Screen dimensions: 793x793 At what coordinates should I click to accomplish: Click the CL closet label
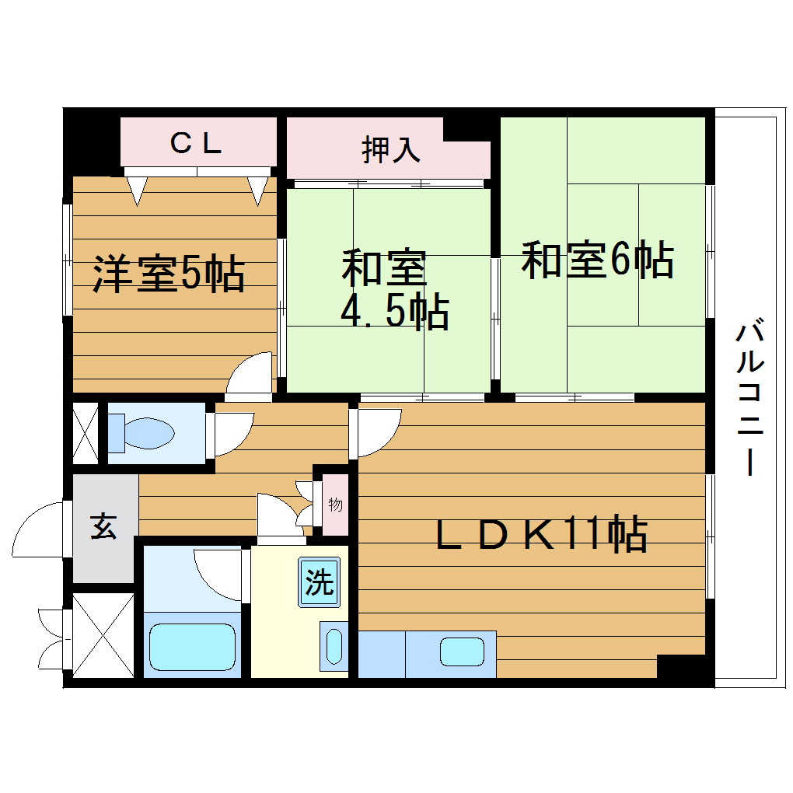(197, 143)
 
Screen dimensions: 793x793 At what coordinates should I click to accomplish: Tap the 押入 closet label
(391, 150)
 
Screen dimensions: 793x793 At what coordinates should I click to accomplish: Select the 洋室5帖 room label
(169, 274)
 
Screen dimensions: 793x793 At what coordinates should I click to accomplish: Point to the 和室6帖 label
(597, 260)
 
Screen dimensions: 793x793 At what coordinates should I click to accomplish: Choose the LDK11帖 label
(541, 533)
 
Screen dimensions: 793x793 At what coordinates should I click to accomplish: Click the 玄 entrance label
(103, 528)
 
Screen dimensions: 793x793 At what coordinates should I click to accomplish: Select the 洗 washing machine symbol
(319, 582)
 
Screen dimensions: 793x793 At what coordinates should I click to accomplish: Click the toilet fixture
(141, 433)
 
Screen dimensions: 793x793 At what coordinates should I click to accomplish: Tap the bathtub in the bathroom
(192, 646)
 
